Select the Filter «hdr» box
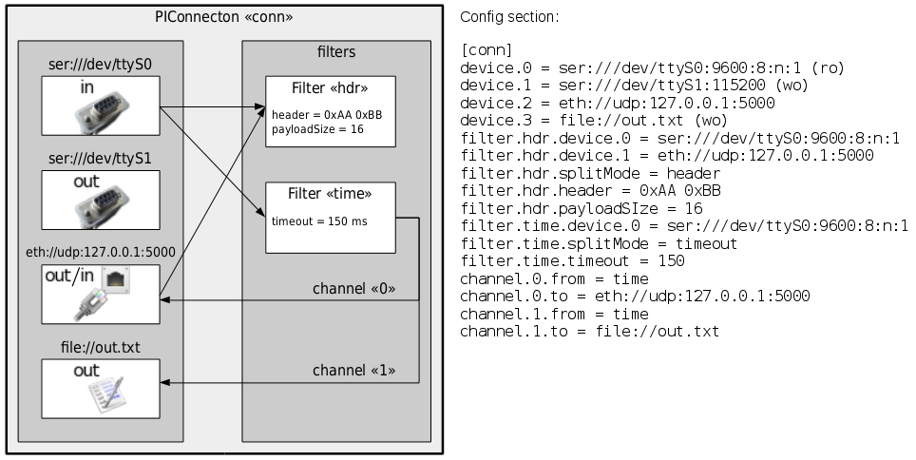(x=329, y=110)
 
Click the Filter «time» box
(x=329, y=217)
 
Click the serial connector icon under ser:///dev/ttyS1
(x=100, y=205)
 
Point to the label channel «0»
(x=353, y=288)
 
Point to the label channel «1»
(x=353, y=370)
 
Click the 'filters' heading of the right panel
(x=336, y=51)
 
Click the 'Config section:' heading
(x=509, y=17)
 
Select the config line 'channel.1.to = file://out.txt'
(x=589, y=331)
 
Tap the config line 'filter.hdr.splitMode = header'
(x=589, y=173)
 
